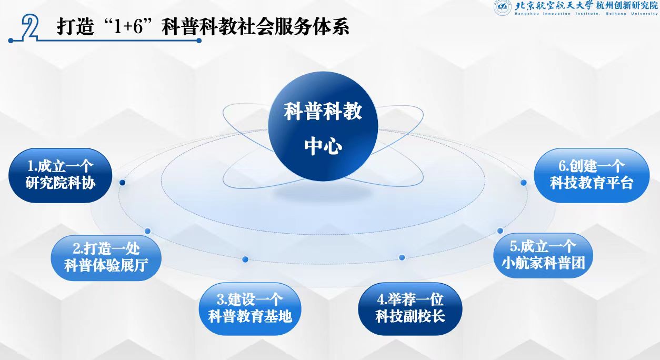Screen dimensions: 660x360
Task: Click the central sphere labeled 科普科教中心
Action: [x=323, y=126]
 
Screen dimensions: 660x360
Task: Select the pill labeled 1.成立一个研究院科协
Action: [x=61, y=175]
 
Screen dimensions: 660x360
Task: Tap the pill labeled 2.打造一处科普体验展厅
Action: [x=106, y=257]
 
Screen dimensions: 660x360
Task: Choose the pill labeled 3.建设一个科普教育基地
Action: [x=250, y=309]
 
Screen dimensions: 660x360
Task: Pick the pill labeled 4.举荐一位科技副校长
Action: [x=410, y=309]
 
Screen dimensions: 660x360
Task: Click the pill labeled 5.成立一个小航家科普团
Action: [x=543, y=255]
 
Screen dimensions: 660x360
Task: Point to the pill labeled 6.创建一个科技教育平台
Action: [x=592, y=175]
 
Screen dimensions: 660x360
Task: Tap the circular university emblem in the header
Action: [x=502, y=7]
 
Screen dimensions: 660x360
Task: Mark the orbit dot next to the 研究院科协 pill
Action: [x=122, y=183]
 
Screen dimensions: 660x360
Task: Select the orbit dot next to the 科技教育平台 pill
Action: [x=524, y=183]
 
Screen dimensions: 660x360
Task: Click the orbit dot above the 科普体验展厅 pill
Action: [x=147, y=231]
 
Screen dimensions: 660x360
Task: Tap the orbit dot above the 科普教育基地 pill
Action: [x=245, y=259]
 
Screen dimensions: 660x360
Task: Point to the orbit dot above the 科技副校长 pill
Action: [x=402, y=257]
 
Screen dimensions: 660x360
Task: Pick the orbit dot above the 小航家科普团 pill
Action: [x=500, y=231]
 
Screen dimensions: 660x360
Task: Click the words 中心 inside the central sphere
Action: [x=323, y=146]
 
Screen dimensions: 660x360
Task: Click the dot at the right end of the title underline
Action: [x=199, y=41]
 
